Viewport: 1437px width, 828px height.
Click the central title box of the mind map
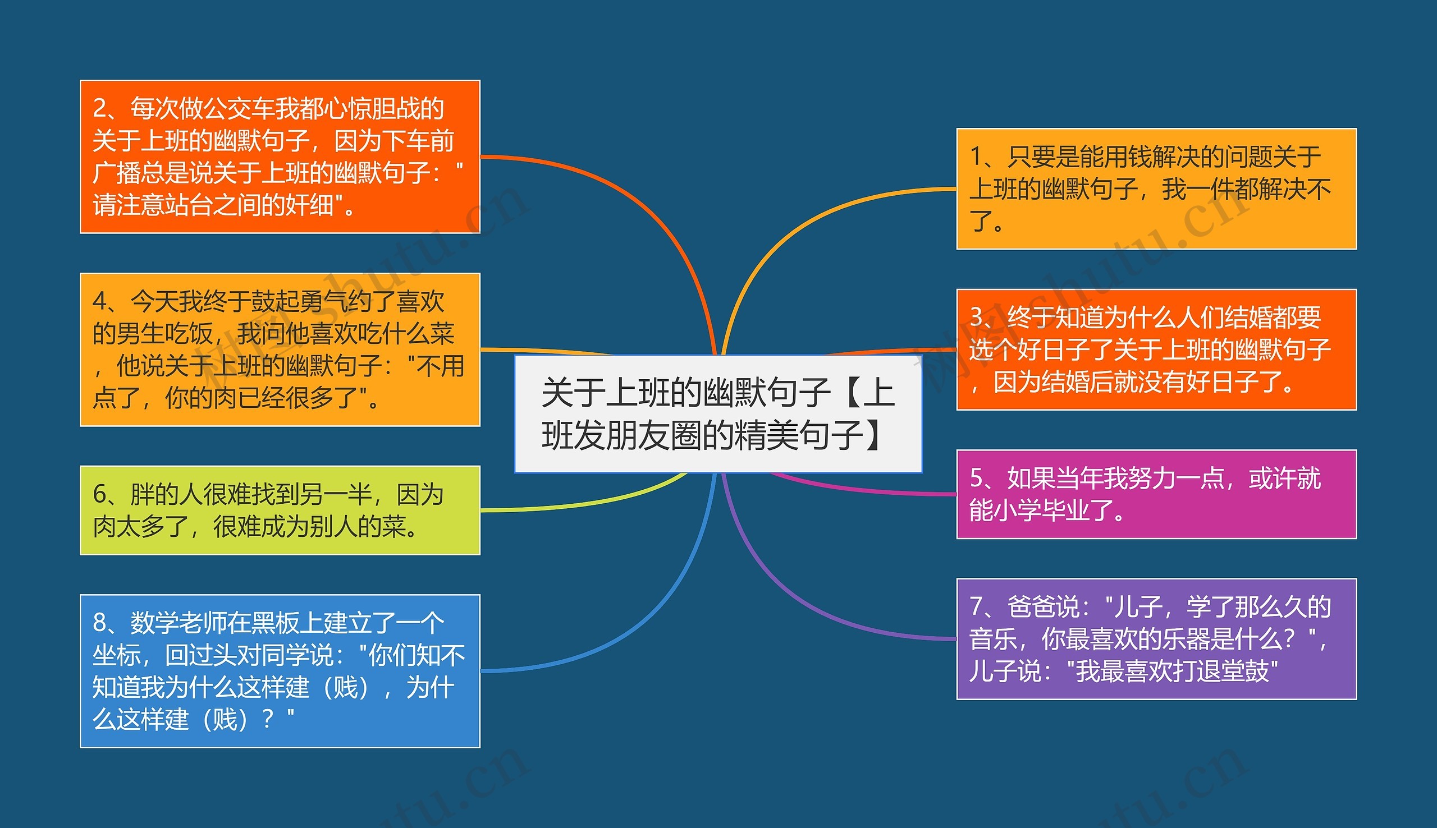point(718,413)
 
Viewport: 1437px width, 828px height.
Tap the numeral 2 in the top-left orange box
point(100,108)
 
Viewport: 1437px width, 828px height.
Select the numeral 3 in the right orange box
point(976,318)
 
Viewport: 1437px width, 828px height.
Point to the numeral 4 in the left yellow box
point(100,301)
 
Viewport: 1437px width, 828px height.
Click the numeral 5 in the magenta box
point(976,479)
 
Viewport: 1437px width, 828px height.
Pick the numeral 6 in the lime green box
point(100,494)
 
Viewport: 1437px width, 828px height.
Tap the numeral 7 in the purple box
point(976,607)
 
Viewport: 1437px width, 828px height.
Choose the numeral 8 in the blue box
point(100,623)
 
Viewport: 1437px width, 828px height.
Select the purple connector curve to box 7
point(797,603)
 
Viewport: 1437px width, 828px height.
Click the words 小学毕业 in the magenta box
point(1041,510)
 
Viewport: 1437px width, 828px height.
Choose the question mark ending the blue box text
point(268,719)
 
